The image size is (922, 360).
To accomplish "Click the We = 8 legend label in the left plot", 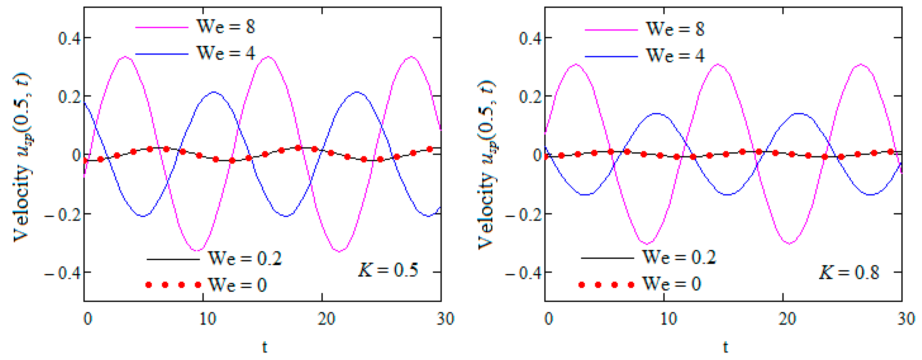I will click(226, 26).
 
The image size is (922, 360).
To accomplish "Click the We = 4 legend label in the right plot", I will click(675, 56).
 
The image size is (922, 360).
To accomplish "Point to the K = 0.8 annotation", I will click(849, 273).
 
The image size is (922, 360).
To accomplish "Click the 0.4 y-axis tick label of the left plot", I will click(69, 38).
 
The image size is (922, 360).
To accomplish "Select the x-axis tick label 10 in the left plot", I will click(208, 319).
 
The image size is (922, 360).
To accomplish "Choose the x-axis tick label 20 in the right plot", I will click(787, 319).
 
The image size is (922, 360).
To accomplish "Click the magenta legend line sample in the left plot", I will click(162, 27).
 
